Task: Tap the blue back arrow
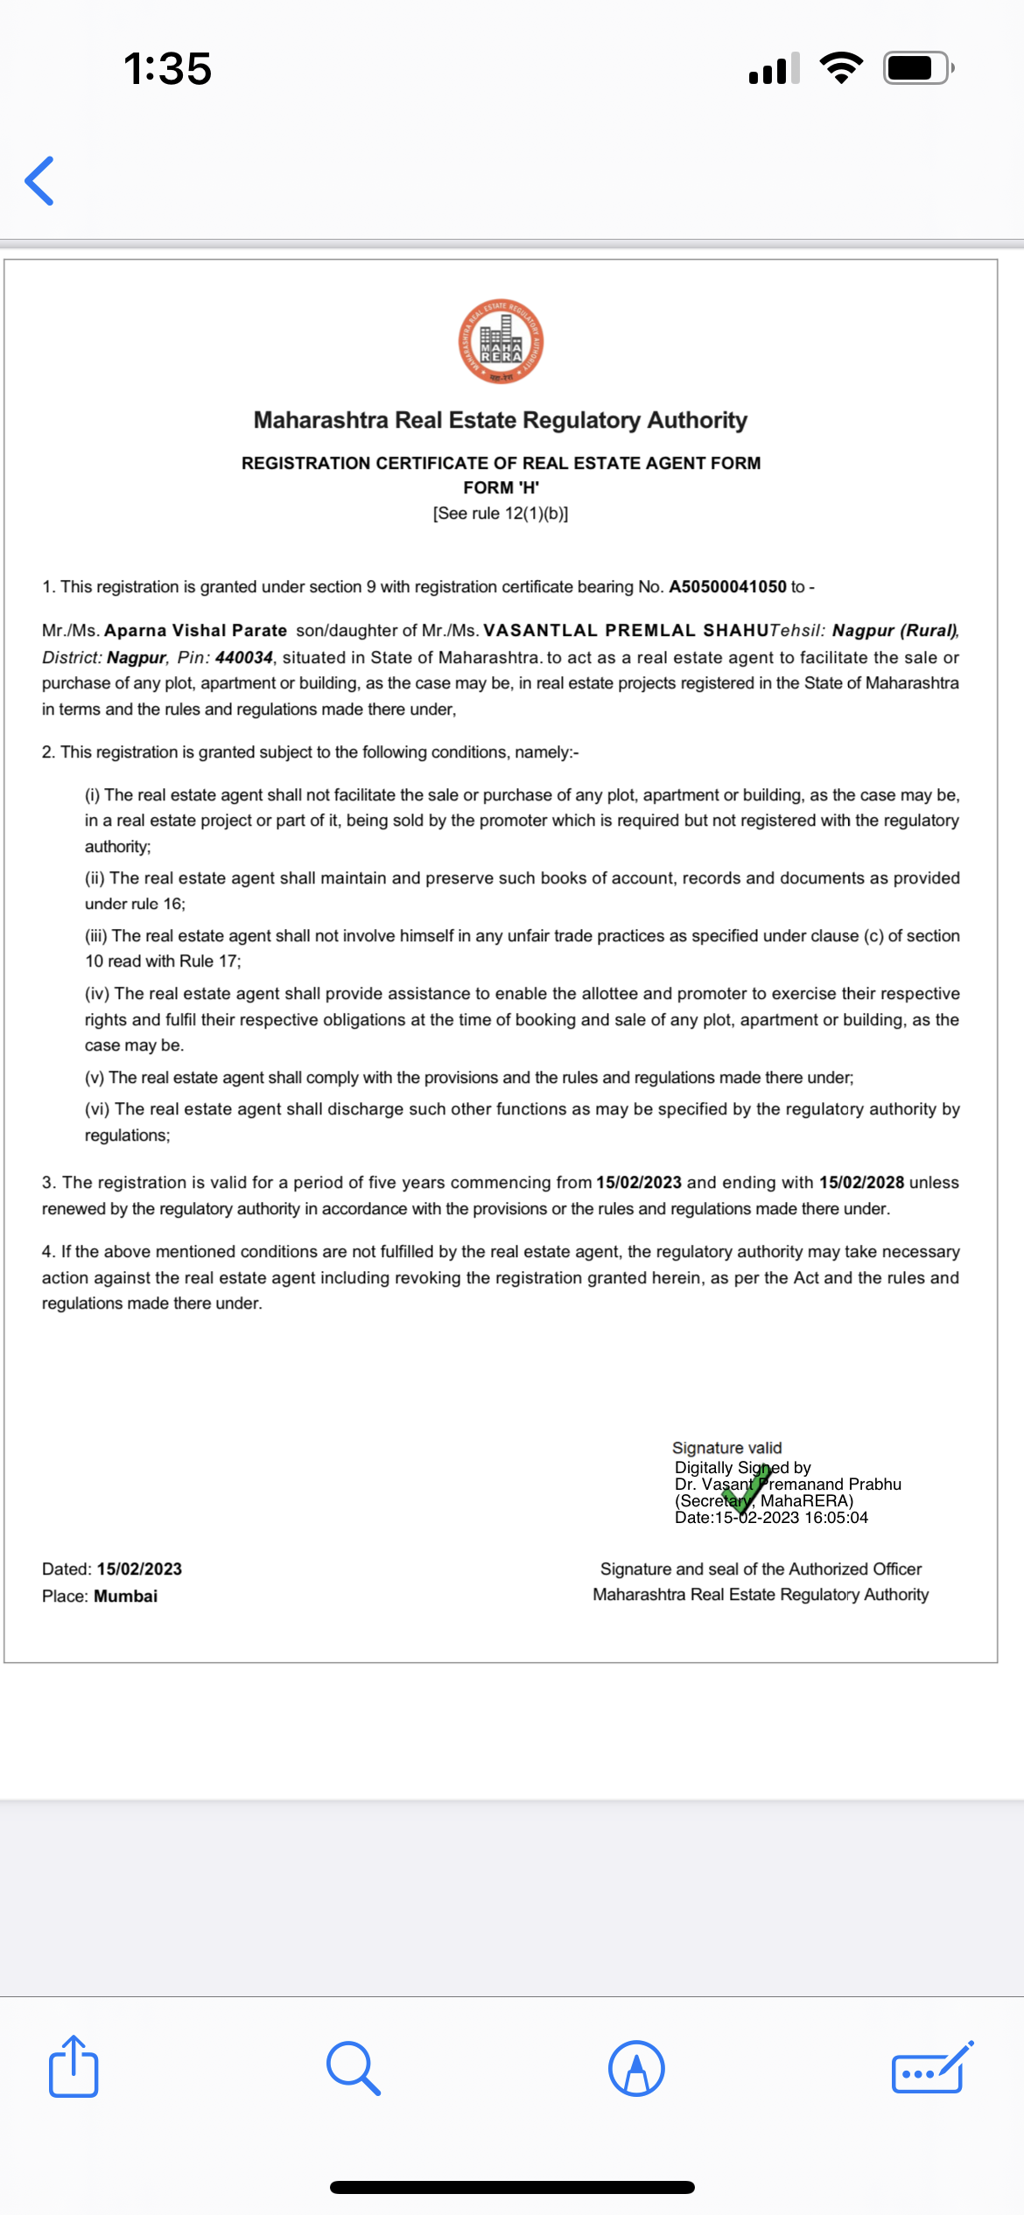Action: [x=40, y=181]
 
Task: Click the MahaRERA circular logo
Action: [x=501, y=342]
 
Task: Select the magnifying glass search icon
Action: [x=353, y=2068]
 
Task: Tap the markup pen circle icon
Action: [x=636, y=2068]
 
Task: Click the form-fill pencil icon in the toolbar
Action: [x=931, y=2068]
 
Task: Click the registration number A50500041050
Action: [x=727, y=587]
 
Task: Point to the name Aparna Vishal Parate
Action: [x=195, y=631]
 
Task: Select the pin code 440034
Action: [x=244, y=657]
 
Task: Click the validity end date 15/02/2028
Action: [x=861, y=1183]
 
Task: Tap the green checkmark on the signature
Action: [x=746, y=1488]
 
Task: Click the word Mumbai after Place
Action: [x=126, y=1597]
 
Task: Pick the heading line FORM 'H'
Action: [x=501, y=488]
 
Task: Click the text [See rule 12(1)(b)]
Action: [x=501, y=514]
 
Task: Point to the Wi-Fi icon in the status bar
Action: [x=841, y=68]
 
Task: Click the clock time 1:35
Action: [x=167, y=68]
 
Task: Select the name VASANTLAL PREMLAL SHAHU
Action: [x=626, y=631]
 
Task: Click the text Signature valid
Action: [x=726, y=1448]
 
